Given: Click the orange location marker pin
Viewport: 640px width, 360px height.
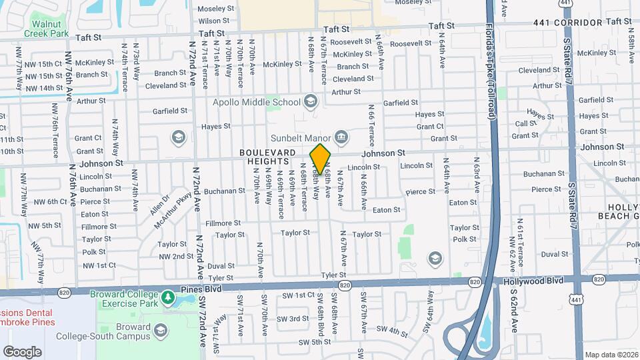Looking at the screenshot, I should (x=321, y=159).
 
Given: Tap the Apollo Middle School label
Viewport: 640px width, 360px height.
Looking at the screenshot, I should (x=257, y=102).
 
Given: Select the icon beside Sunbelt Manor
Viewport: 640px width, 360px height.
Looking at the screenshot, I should (x=341, y=137).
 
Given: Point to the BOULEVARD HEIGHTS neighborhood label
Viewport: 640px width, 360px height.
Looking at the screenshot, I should (x=268, y=157).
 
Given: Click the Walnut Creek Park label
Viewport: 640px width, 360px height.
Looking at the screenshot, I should (x=46, y=28).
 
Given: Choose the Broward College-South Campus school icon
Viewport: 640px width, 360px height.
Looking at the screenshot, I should (x=160, y=330).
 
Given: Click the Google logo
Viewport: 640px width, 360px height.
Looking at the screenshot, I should (x=22, y=351).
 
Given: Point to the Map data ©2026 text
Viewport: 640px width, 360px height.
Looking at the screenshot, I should (x=611, y=355).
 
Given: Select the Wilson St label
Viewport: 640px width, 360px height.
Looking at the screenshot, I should (x=214, y=21).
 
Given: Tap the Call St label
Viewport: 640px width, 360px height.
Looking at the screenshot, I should (x=525, y=123).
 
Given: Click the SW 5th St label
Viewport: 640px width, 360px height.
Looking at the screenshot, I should (x=315, y=342).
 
